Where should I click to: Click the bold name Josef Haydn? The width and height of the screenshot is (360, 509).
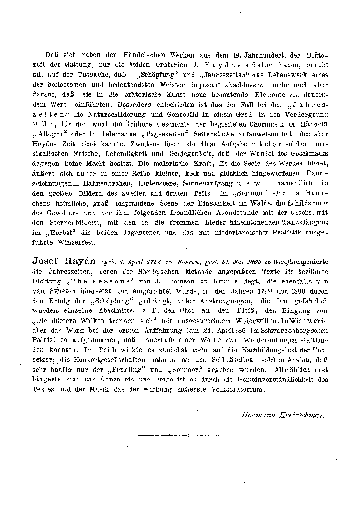click(x=64, y=261)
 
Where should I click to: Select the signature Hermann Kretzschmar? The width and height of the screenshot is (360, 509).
click(x=283, y=415)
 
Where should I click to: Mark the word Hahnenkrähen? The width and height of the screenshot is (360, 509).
click(x=106, y=184)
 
